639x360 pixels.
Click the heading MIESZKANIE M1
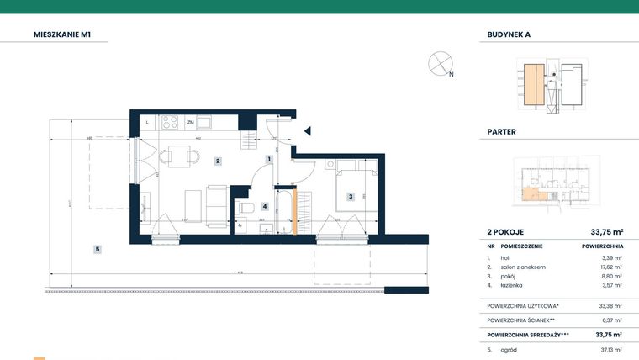pos(62,34)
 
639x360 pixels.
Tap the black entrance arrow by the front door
pos(308,130)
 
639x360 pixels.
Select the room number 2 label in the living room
pos(217,161)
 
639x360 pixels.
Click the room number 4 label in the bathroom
pos(264,206)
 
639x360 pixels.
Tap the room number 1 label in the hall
pos(268,159)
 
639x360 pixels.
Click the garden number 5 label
pos(98,249)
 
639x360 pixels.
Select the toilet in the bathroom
pos(246,207)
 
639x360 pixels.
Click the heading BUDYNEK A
pos(509,34)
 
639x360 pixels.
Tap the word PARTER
pos(501,132)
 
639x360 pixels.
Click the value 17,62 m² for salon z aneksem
pos(612,267)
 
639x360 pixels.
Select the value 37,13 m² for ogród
pos(612,349)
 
